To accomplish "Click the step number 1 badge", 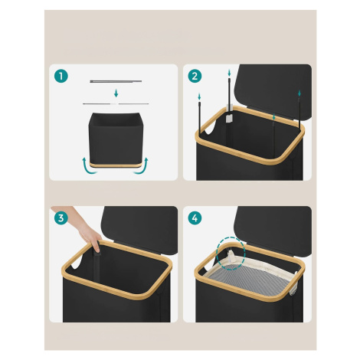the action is click(61, 76).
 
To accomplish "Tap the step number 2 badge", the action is click(195, 76).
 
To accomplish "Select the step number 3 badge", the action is click(61, 218).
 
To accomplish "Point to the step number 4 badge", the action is click(195, 218).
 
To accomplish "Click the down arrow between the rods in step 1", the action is click(116, 93).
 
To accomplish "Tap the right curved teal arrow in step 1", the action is click(142, 166).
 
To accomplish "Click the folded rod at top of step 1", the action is click(116, 81).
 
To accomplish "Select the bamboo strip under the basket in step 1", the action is click(116, 165).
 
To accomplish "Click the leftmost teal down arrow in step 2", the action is click(199, 97).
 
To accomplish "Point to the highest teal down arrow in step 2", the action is click(229, 73).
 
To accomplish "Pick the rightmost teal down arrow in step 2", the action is click(299, 93).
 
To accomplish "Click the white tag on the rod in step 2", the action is click(229, 118).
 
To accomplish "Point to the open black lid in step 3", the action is click(139, 229).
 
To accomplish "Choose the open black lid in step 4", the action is click(273, 231).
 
